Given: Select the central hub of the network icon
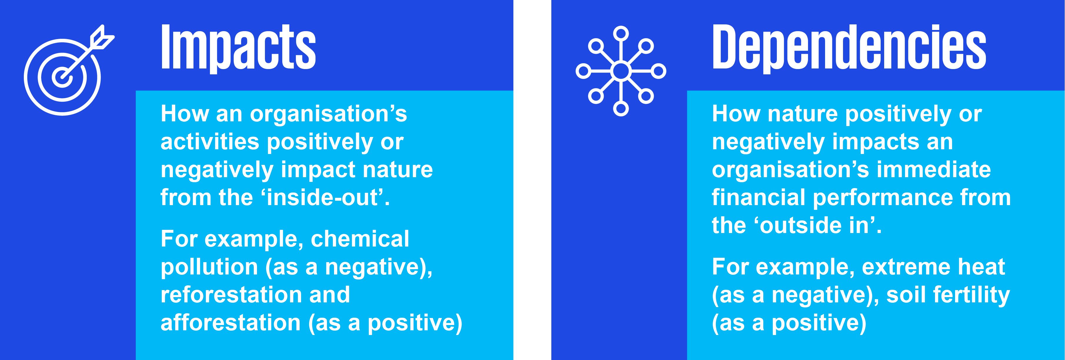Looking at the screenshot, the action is click(x=620, y=71).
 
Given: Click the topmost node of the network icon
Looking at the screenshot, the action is click(x=620, y=34).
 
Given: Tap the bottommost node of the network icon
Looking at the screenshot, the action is click(x=620, y=109).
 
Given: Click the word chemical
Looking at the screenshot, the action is click(x=360, y=239).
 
